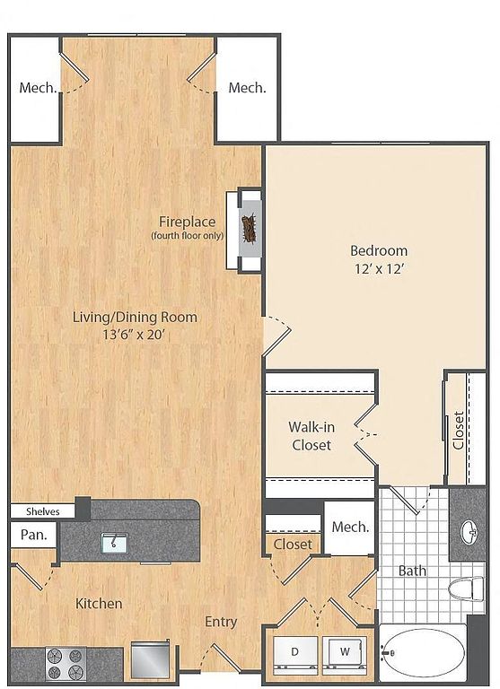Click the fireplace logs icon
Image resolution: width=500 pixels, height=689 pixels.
pyautogui.click(x=250, y=228)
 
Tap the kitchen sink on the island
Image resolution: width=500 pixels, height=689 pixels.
pyautogui.click(x=114, y=543)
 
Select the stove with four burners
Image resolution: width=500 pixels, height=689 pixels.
pyautogui.click(x=66, y=665)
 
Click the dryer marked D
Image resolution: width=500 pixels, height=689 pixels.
pyautogui.click(x=295, y=652)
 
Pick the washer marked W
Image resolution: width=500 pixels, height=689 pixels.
pyautogui.click(x=345, y=652)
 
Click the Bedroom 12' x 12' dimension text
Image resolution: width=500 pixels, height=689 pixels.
pyautogui.click(x=379, y=269)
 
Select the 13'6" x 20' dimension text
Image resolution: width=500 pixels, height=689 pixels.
pyautogui.click(x=134, y=335)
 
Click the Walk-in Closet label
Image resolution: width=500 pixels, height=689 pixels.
pyautogui.click(x=311, y=436)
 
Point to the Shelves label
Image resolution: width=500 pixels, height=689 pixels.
pyautogui.click(x=43, y=511)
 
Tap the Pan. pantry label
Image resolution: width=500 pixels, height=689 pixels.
pyautogui.click(x=34, y=535)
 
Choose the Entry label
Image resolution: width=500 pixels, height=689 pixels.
pyautogui.click(x=221, y=622)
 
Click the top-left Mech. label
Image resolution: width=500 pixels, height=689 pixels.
pyautogui.click(x=39, y=87)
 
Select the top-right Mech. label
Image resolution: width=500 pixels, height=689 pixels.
pyautogui.click(x=247, y=87)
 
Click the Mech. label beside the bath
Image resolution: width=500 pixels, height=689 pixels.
pyautogui.click(x=350, y=527)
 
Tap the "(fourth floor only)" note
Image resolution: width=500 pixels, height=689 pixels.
pyautogui.click(x=188, y=236)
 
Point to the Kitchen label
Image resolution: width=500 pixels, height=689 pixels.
pyautogui.click(x=99, y=603)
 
